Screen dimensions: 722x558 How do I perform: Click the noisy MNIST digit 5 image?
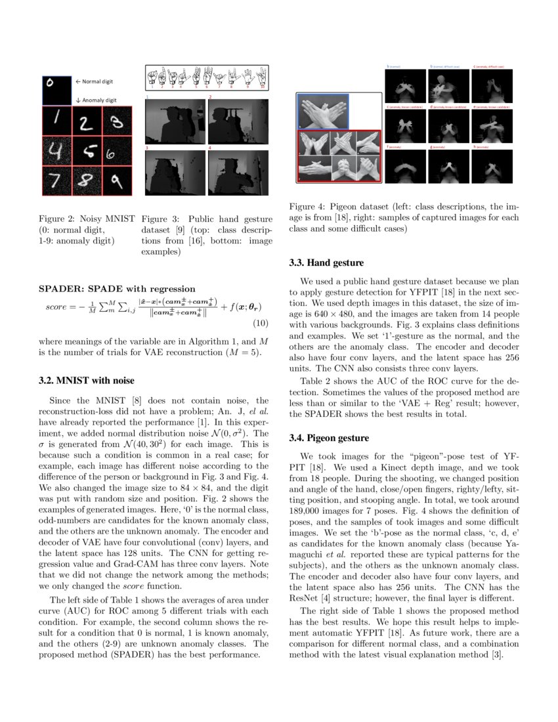(87, 151)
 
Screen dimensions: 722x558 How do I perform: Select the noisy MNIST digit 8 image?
(87, 180)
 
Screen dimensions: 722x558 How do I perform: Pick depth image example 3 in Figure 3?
(173, 172)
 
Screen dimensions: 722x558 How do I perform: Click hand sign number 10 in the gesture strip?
(261, 77)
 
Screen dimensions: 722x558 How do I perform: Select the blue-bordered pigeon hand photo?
(323, 111)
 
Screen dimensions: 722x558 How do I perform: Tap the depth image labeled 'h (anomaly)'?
(492, 167)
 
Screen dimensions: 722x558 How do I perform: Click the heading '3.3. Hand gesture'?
(326, 263)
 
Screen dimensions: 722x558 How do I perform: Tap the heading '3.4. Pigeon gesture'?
(329, 438)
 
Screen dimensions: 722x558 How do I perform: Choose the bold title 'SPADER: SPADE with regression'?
(116, 289)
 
